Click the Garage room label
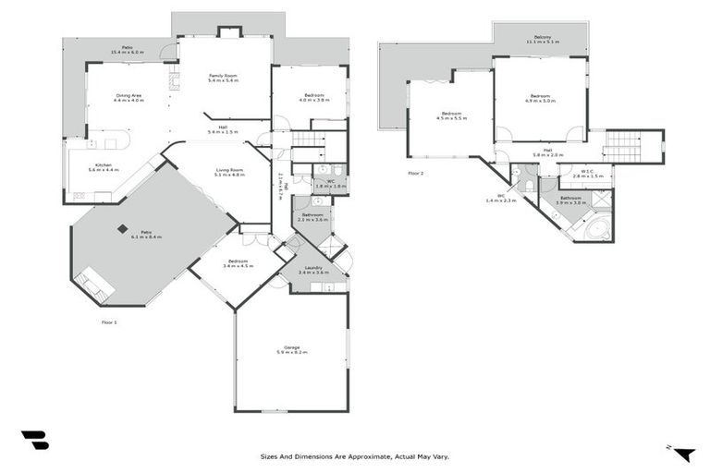click(291, 347)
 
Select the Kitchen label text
click(104, 165)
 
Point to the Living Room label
click(230, 169)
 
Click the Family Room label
click(224, 75)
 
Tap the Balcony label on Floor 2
click(542, 36)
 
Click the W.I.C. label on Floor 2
click(587, 171)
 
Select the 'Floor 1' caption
click(109, 322)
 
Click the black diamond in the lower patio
click(122, 229)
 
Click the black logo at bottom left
click(34, 441)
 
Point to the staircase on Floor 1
click(308, 139)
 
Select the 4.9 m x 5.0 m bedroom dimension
click(541, 100)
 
